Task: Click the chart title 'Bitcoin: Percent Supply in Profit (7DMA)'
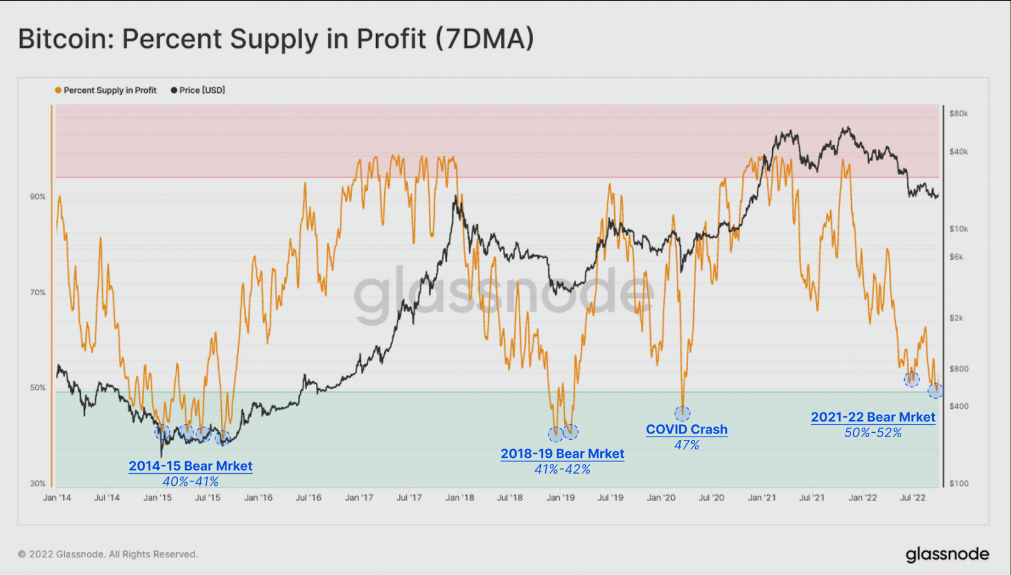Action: tap(275, 39)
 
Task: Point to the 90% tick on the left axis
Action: tap(38, 197)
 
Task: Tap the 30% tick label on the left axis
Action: tap(38, 483)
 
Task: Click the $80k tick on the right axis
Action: tap(959, 114)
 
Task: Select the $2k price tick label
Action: tap(957, 318)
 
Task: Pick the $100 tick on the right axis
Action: tap(959, 483)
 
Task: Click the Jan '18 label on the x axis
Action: tap(460, 498)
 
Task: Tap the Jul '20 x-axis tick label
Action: tap(711, 498)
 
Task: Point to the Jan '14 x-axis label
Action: tap(57, 498)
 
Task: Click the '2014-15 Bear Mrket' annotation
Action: tap(190, 466)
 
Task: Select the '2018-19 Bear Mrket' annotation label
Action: tap(562, 454)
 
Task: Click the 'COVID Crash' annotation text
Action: tap(687, 430)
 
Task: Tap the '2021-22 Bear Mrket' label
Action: tap(873, 417)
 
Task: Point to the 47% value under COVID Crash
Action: tap(687, 445)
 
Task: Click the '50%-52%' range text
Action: tap(873, 433)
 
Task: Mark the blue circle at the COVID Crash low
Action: tap(682, 414)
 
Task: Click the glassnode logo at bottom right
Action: tap(947, 555)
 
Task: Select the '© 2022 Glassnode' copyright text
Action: tap(107, 554)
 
